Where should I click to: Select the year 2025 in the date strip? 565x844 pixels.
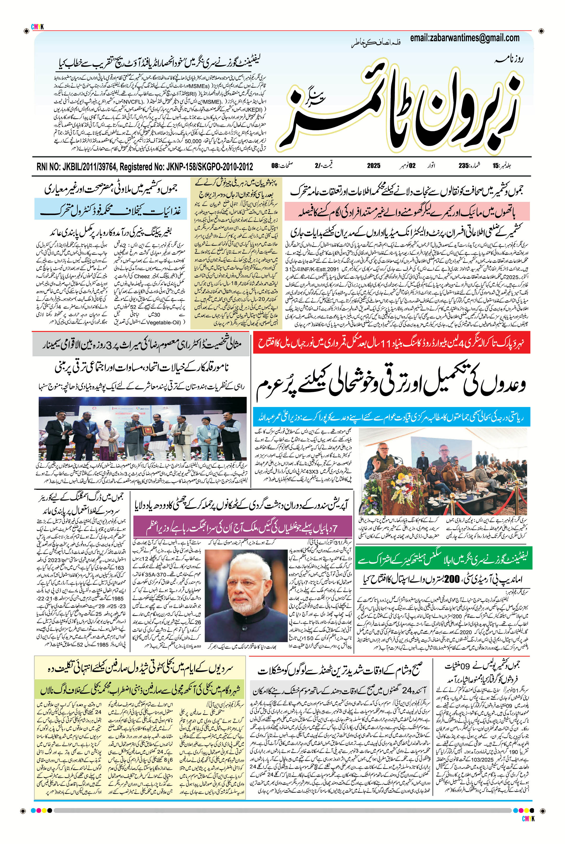374,166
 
